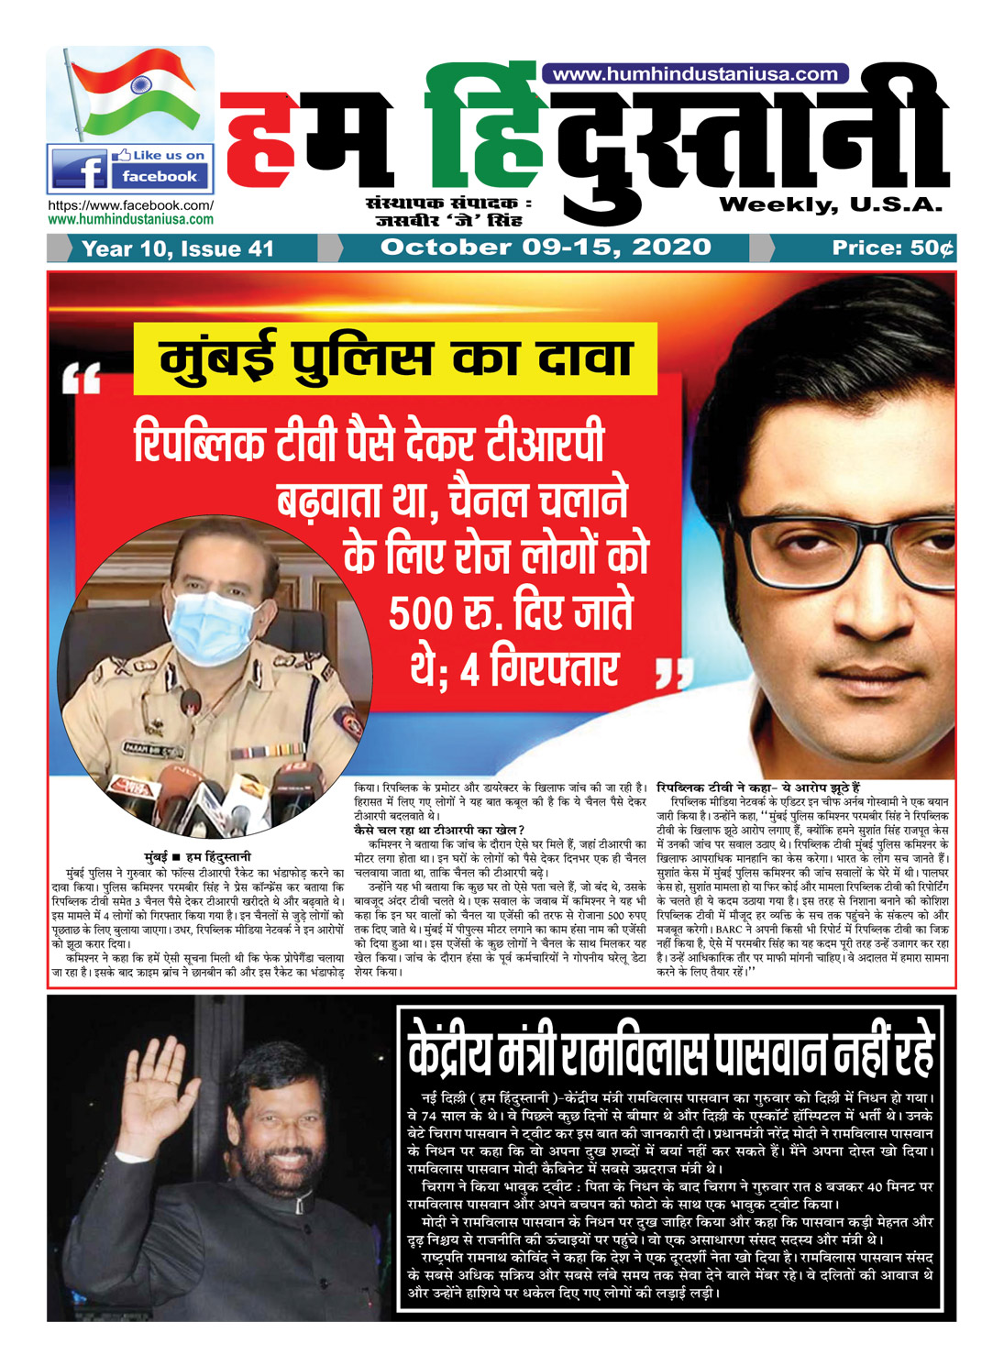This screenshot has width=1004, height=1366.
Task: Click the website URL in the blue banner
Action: (x=695, y=74)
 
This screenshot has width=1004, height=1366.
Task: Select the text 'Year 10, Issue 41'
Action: (x=178, y=248)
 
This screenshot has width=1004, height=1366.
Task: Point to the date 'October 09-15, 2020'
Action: (x=546, y=248)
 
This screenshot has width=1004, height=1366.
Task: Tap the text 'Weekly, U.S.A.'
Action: (x=831, y=204)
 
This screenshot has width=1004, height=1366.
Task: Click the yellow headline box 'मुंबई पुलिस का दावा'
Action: (x=395, y=358)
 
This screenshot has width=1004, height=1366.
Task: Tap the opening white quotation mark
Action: (x=82, y=379)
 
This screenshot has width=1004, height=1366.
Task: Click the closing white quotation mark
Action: (x=675, y=677)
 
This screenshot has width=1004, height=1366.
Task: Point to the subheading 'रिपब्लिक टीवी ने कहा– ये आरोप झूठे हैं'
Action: (x=758, y=788)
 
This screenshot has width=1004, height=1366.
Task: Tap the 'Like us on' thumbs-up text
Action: (x=161, y=155)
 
